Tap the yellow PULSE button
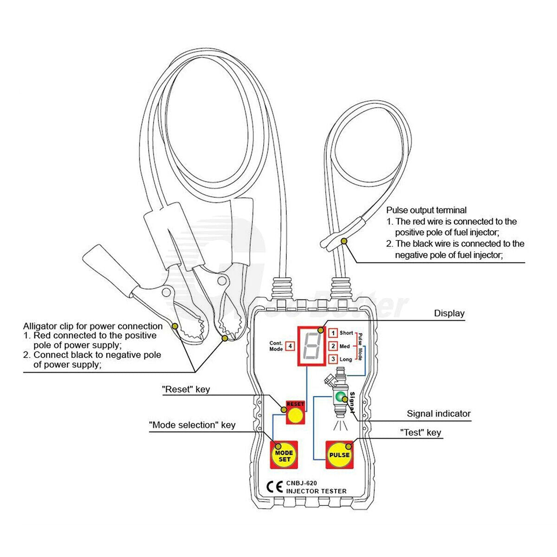(339, 455)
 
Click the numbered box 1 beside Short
(333, 333)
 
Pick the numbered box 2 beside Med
(333, 346)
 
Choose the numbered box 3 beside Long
(333, 359)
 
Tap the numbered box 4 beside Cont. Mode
(290, 346)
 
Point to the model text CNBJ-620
(301, 483)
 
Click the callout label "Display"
(449, 313)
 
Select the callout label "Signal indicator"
(439, 414)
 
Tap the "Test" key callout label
(421, 433)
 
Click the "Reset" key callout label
(186, 389)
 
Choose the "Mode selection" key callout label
(192, 425)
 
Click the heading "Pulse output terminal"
(426, 210)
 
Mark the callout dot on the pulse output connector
(344, 241)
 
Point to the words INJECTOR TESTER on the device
(316, 491)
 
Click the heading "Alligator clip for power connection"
(93, 326)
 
